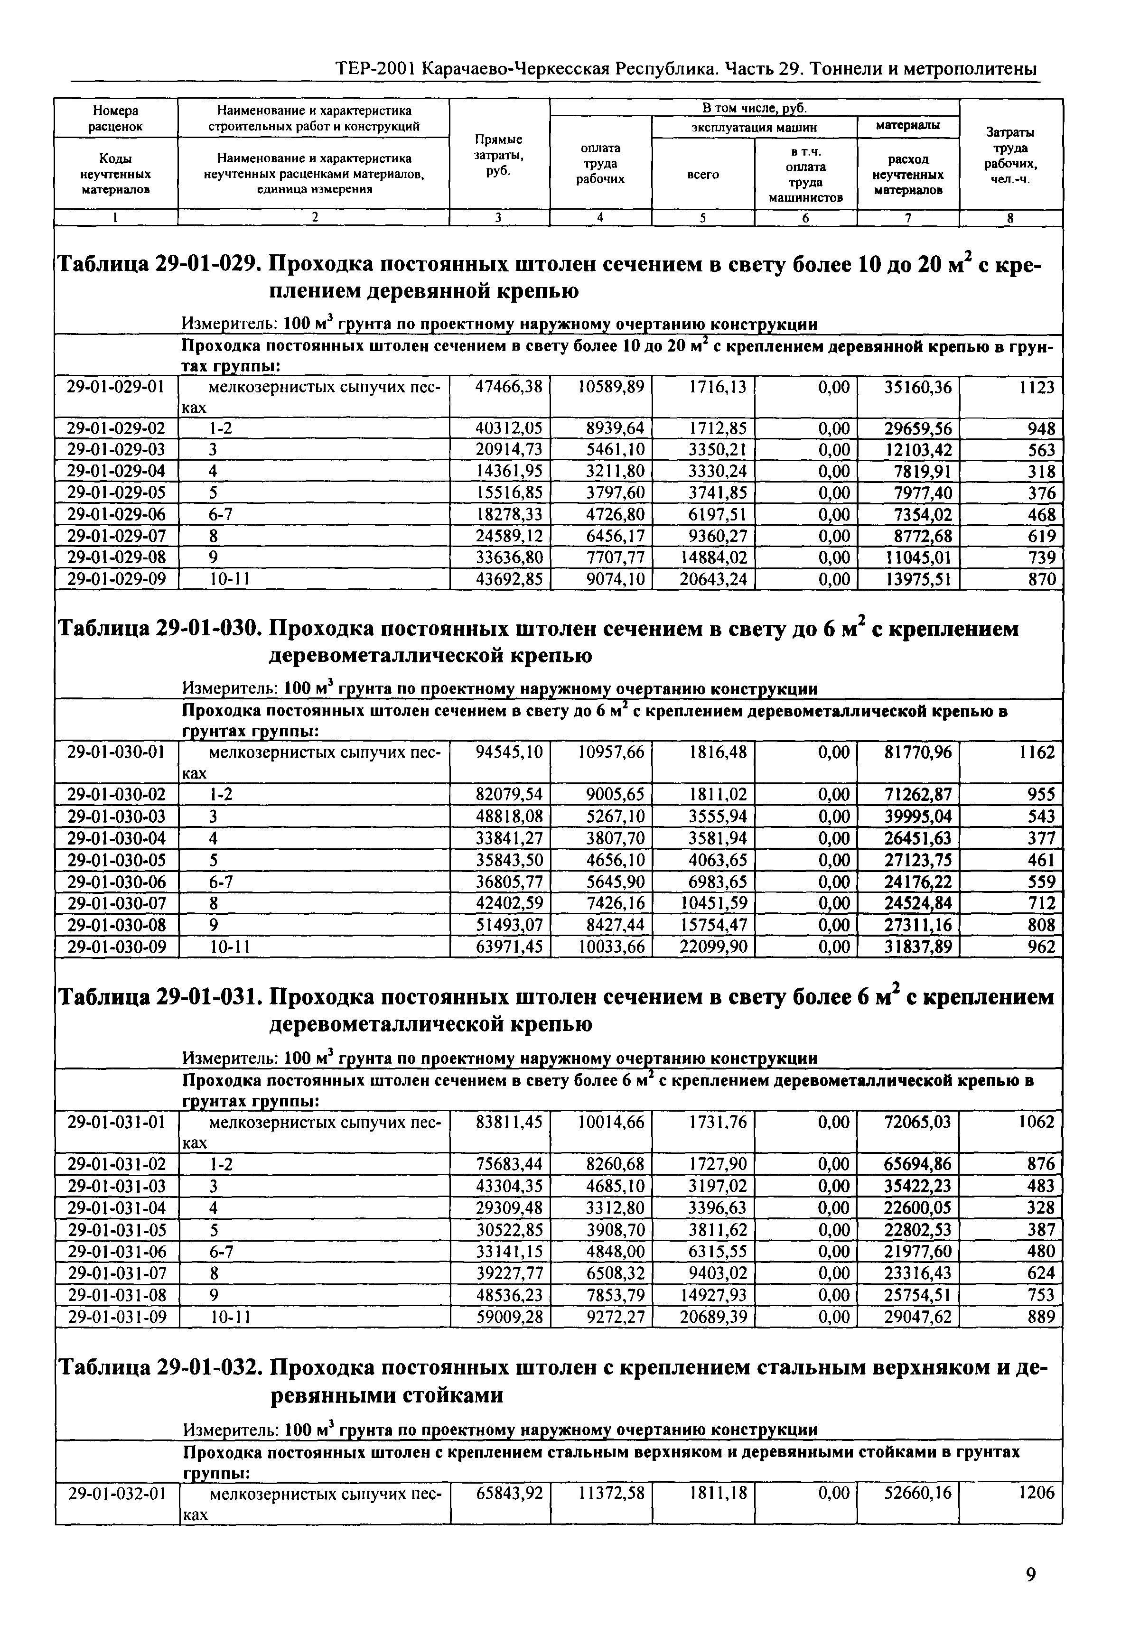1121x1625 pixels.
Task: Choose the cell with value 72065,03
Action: point(918,1122)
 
